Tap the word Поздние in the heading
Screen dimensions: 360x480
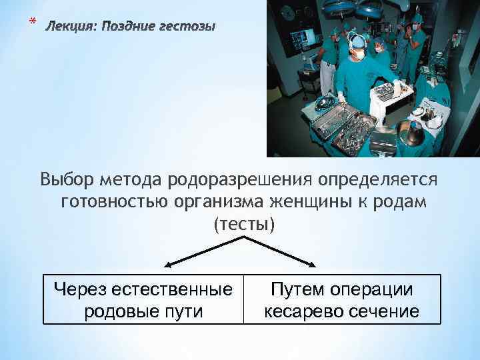pyautogui.click(x=129, y=27)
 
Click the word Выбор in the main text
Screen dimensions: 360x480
pyautogui.click(x=67, y=180)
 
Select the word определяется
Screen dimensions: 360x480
pyautogui.click(x=379, y=180)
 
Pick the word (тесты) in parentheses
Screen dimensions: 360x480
pyautogui.click(x=243, y=224)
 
